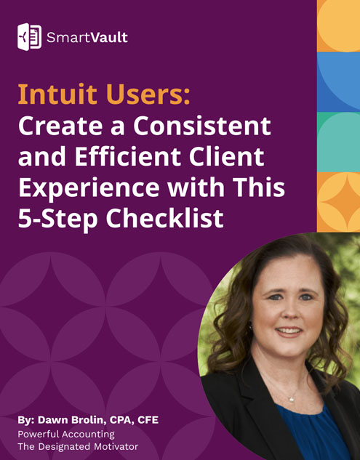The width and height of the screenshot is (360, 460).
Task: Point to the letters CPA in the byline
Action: (x=124, y=420)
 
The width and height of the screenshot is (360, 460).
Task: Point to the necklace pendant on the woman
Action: (x=291, y=399)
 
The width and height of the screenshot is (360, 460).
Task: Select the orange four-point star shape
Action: (x=338, y=201)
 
